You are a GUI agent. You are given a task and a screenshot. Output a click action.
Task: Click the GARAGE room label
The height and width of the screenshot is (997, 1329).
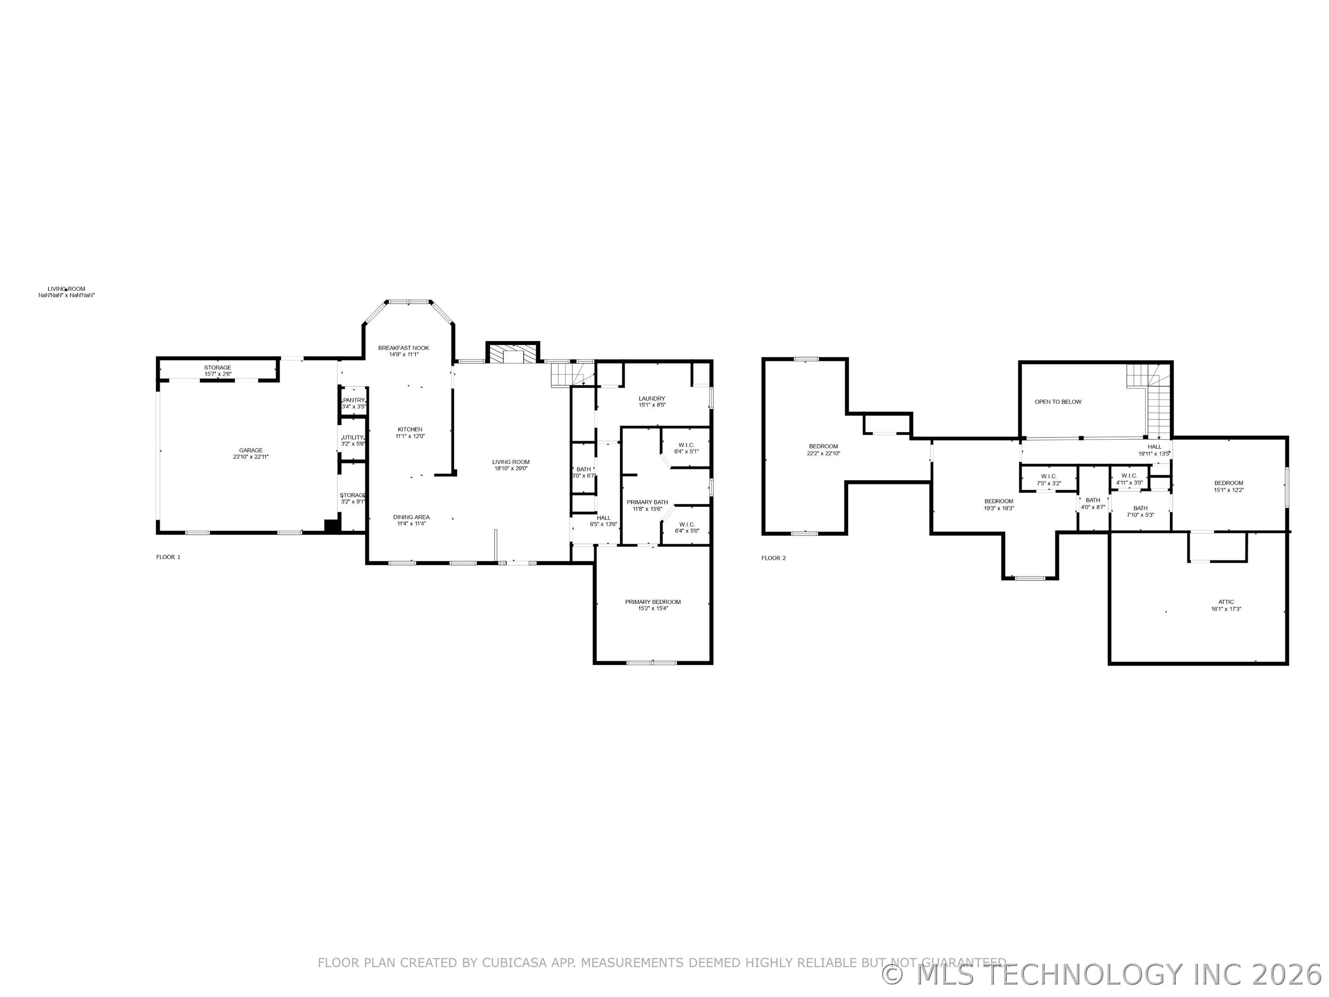[x=251, y=450]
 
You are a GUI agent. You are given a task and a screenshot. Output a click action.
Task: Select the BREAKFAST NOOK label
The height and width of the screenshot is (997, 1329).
[x=403, y=348]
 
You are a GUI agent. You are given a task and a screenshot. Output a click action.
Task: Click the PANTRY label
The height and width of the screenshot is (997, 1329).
[x=354, y=400]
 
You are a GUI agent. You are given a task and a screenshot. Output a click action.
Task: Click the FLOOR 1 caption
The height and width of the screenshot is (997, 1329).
[x=168, y=557]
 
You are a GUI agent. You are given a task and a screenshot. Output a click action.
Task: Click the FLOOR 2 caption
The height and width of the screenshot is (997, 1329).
[x=773, y=559]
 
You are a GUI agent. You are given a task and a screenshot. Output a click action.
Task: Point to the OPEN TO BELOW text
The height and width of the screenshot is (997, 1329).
[x=1058, y=402]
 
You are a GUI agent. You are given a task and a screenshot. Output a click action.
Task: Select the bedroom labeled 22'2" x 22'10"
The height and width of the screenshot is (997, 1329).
[x=823, y=450]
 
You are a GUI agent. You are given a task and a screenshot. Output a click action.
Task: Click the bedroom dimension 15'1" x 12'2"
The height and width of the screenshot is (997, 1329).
[x=1229, y=490]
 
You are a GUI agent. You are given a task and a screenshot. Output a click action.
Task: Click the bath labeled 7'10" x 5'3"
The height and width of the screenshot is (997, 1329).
[x=1140, y=511]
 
